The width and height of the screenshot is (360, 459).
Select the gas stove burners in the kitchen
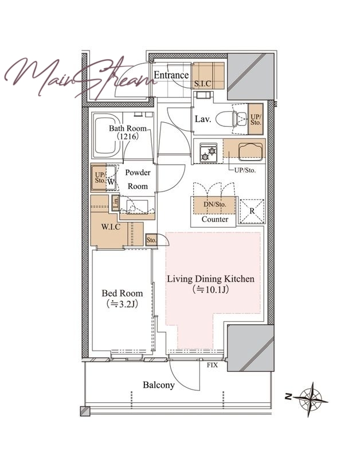point(208,153)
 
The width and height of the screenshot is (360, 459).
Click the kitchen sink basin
point(250,151)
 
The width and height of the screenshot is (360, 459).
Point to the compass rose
point(310,399)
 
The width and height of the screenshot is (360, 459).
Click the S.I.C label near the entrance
point(203,84)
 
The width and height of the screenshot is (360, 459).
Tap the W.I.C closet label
point(111,227)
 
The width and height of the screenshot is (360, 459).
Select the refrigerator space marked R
point(252,211)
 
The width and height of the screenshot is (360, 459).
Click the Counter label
point(215,219)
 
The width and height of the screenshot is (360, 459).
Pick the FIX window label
point(212,365)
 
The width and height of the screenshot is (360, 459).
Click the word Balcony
point(159,385)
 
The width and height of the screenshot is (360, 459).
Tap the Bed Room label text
point(122,293)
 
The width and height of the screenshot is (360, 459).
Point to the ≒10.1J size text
point(210,290)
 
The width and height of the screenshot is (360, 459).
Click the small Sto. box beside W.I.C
point(151,240)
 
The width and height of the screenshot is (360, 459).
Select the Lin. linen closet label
point(116,203)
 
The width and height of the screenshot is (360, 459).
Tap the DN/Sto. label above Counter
point(215,204)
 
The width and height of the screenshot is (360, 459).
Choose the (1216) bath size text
point(127,136)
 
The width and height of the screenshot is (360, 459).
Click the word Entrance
point(171,75)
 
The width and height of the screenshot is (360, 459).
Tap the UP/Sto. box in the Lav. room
point(256,119)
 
